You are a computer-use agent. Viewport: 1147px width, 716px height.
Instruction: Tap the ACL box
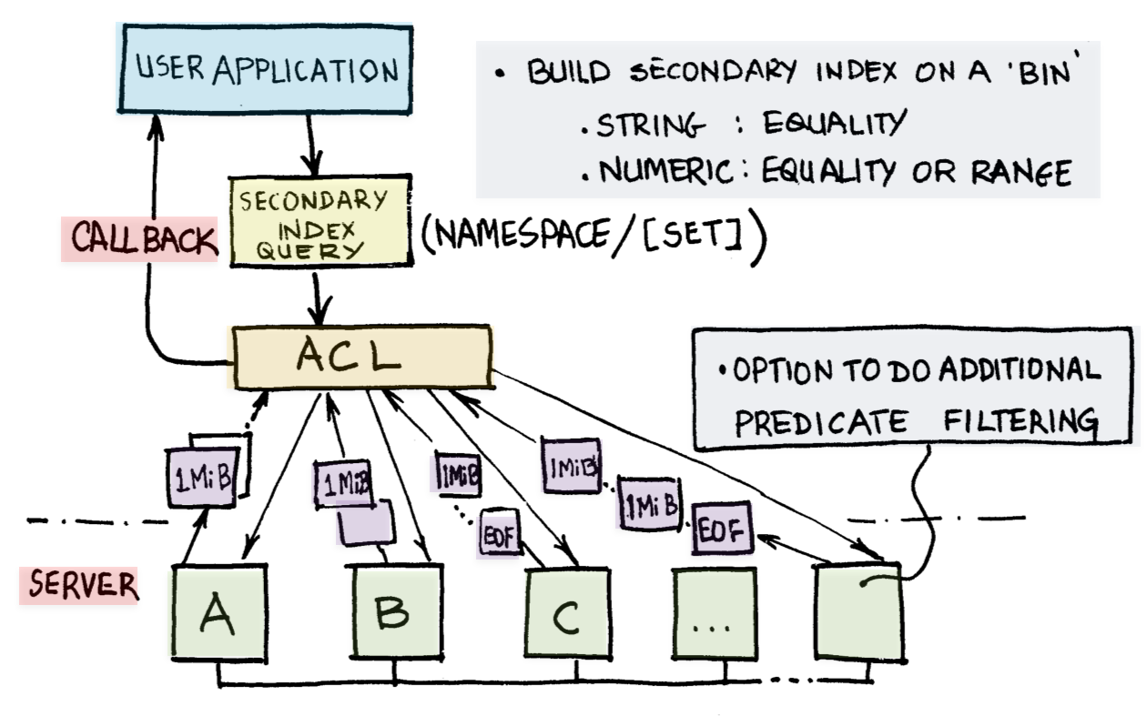[362, 358]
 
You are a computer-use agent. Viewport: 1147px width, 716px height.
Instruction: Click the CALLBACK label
[139, 240]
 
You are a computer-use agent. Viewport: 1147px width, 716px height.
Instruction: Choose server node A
[218, 613]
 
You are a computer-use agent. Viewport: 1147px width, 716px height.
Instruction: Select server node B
[396, 613]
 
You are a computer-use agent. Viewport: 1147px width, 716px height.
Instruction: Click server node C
[566, 616]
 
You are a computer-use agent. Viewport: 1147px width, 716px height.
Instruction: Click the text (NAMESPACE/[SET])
[593, 239]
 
